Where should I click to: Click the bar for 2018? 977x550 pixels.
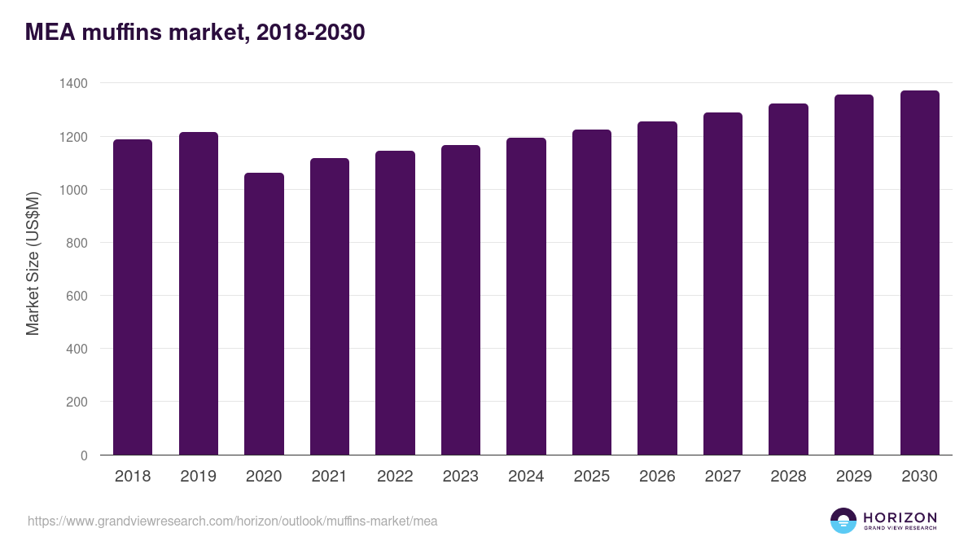133,297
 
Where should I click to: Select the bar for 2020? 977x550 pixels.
264,314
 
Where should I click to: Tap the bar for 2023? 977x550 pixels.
461,300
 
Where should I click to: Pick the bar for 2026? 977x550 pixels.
657,288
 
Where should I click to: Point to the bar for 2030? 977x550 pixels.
919,273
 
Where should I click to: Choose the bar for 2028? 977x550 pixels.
788,279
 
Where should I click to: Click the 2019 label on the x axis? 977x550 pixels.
199,477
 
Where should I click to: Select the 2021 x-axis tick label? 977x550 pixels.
330,477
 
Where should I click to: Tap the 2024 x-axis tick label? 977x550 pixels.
526,477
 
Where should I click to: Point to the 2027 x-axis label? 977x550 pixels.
723,477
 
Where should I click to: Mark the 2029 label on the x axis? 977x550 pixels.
854,477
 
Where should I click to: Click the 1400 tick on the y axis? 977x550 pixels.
73,84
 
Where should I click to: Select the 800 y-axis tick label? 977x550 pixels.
77,243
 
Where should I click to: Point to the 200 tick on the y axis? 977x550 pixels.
77,402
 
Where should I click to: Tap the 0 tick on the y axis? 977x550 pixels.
84,455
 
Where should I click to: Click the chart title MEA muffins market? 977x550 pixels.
195,33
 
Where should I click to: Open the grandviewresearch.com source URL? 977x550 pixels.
233,521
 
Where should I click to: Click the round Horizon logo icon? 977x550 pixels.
843,521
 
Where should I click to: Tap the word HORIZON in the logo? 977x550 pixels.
900,517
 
